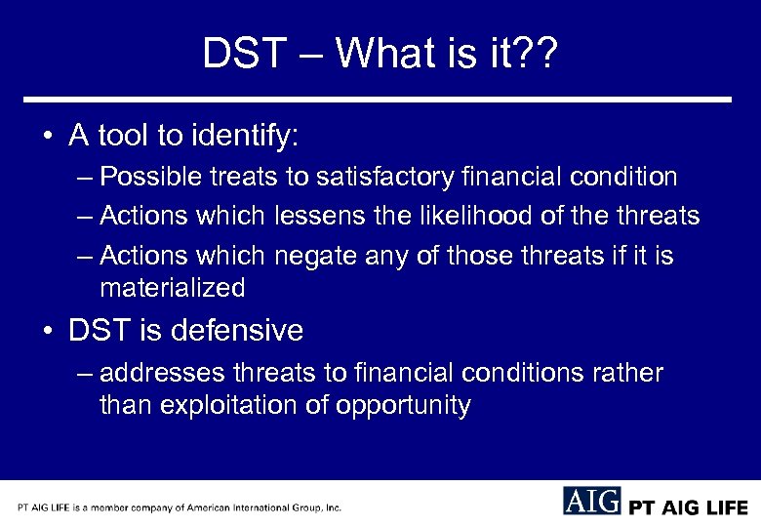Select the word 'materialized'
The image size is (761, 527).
[x=172, y=288]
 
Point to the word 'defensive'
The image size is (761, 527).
[x=237, y=331]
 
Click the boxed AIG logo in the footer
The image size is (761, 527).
[x=591, y=502]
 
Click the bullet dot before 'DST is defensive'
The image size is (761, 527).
[x=48, y=332]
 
